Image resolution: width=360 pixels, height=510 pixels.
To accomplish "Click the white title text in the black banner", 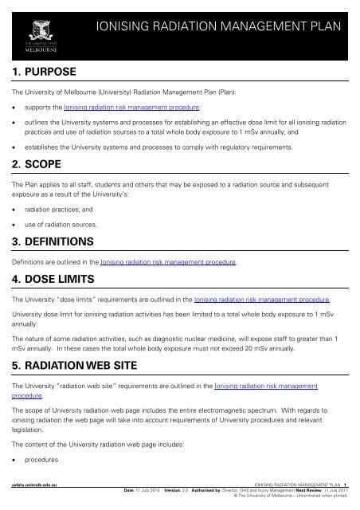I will (217, 29).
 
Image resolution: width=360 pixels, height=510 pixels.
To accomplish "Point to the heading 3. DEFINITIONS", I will (57, 241).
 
